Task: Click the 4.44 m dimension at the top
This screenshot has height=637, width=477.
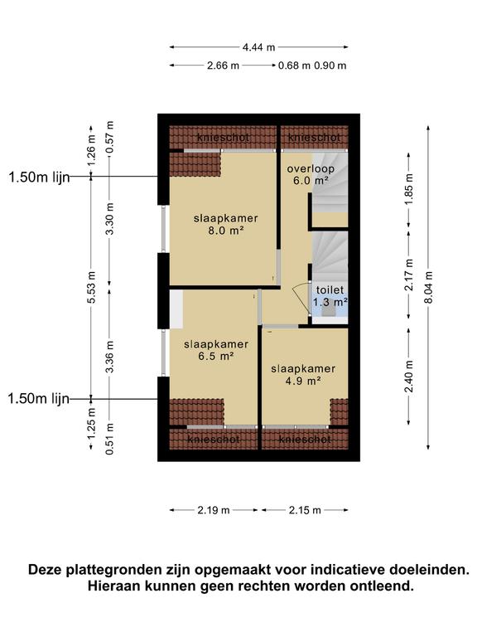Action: coord(258,47)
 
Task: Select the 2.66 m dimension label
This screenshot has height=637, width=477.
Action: coord(222,66)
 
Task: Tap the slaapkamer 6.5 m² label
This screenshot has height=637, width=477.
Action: coord(211,349)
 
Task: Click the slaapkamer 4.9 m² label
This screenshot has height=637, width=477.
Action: coord(303,375)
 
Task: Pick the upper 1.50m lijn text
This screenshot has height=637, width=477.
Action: coord(36,177)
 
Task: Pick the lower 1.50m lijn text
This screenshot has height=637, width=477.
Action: coord(36,399)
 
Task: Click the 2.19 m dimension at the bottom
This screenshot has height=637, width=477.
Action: coord(214,510)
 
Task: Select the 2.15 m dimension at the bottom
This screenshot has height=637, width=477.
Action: coord(304,510)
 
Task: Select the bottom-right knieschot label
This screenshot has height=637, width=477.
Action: coord(306,438)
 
